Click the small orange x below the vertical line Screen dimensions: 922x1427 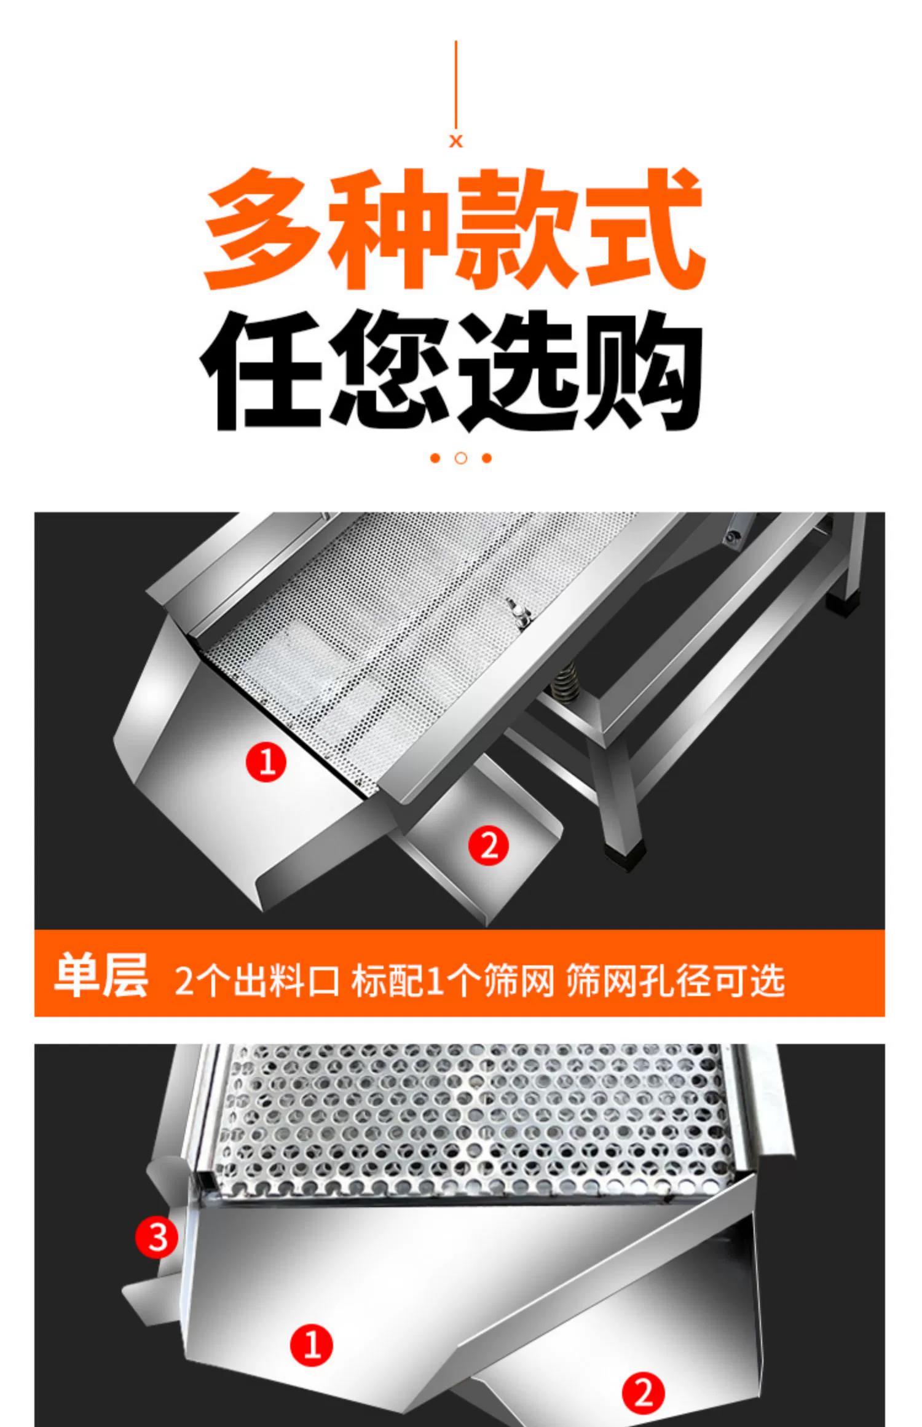[x=455, y=141]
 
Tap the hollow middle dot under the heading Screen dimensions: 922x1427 [x=461, y=458]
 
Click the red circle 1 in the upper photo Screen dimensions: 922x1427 [x=266, y=762]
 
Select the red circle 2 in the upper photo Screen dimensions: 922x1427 [x=489, y=846]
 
